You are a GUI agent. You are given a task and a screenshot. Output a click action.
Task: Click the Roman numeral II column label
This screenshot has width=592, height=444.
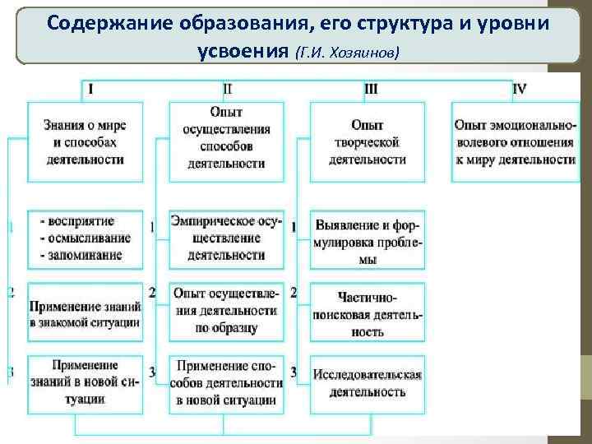(x=228, y=87)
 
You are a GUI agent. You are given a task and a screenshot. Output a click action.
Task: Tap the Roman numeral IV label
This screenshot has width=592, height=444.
(x=520, y=87)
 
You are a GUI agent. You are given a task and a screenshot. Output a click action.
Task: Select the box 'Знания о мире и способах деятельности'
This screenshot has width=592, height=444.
(x=85, y=141)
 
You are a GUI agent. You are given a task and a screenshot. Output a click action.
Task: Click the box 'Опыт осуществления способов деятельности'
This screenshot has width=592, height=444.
(x=226, y=141)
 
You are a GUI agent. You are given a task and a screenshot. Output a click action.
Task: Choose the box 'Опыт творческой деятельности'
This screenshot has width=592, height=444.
(x=368, y=141)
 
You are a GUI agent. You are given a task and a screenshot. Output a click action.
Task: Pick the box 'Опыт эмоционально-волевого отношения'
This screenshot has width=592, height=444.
(x=515, y=141)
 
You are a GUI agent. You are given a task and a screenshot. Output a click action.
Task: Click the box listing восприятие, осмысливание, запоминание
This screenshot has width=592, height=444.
(x=85, y=238)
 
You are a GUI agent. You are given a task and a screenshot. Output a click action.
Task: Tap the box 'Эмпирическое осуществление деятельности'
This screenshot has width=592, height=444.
(x=226, y=238)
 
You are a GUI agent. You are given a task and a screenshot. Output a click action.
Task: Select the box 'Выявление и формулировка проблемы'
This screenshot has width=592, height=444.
(x=368, y=239)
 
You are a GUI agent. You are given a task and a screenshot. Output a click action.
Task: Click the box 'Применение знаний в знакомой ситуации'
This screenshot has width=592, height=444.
(x=85, y=312)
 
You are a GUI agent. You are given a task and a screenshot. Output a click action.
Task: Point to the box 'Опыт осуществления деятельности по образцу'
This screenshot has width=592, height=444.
(x=226, y=311)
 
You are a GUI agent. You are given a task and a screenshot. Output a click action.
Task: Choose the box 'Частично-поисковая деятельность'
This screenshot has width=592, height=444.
(x=368, y=312)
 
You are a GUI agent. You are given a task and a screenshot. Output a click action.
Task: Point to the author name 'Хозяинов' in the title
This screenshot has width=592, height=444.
(x=365, y=52)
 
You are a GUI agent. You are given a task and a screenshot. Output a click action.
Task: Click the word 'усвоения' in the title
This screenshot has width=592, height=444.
(x=243, y=50)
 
